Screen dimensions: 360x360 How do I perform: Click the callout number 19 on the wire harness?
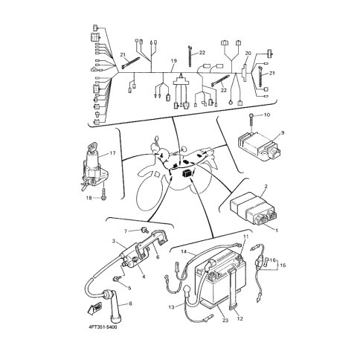tap(174, 61)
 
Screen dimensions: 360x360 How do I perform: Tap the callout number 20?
tap(248, 54)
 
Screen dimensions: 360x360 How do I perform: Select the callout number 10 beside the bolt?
tap(267, 115)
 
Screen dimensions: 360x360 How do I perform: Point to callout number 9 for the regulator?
tap(283, 132)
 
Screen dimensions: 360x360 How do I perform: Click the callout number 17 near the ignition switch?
tap(112, 153)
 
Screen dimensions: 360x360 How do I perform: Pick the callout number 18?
tap(89, 198)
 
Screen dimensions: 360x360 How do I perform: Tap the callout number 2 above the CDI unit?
tap(266, 186)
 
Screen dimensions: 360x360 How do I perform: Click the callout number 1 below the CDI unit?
tap(277, 231)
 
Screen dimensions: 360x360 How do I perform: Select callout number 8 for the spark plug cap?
tap(130, 303)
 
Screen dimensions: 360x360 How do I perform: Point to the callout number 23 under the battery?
tap(225, 321)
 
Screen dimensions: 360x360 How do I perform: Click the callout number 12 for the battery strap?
tap(240, 318)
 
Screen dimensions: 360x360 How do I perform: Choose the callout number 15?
tap(283, 266)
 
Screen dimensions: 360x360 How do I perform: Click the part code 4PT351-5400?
tap(103, 327)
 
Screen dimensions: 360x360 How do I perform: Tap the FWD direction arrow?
tap(94, 308)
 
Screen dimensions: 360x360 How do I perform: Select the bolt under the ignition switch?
tap(103, 193)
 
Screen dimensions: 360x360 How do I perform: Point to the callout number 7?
tap(126, 231)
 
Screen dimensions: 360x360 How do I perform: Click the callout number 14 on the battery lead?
tap(184, 251)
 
